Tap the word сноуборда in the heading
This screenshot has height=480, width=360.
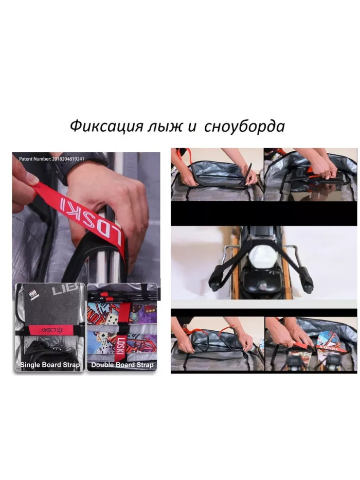pos(244,127)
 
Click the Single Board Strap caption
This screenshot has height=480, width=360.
pos(50,365)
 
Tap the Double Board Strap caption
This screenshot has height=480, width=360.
pos(122,365)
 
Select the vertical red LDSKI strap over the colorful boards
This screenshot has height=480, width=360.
pos(122,324)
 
